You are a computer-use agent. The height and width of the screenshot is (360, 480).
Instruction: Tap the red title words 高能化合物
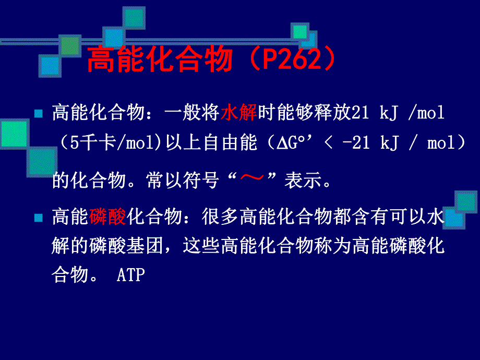(159, 60)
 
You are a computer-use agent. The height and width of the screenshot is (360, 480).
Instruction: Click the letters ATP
(130, 275)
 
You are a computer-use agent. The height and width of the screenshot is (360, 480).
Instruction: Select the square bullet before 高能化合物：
(38, 113)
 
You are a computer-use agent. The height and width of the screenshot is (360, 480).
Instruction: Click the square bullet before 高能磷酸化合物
(38, 218)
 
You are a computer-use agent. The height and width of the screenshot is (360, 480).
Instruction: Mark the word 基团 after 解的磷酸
(146, 246)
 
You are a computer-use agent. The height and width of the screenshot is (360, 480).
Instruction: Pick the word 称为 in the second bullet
(333, 246)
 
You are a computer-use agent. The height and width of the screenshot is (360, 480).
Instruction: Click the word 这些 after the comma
(202, 246)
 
